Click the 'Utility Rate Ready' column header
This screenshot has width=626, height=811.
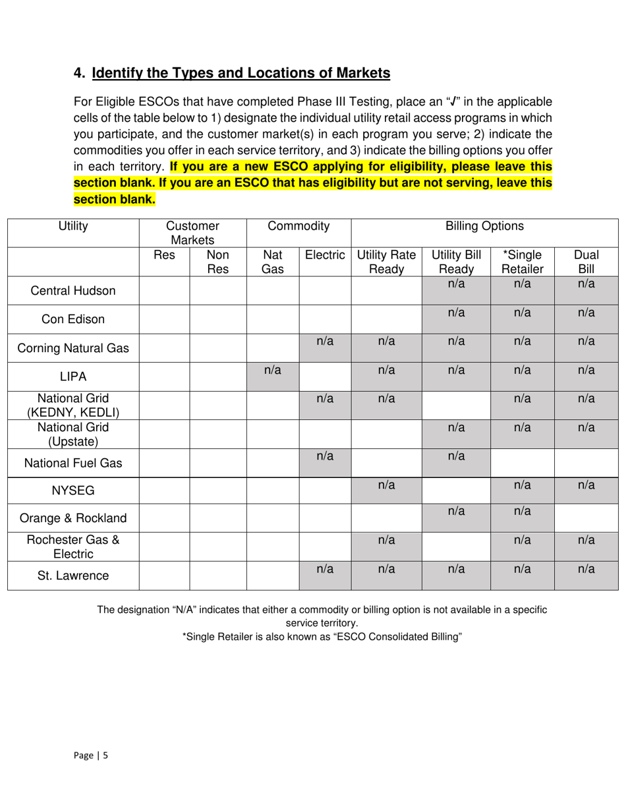[x=386, y=262]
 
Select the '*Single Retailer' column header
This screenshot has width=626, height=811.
[x=523, y=262]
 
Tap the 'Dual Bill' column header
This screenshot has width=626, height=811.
[x=586, y=262]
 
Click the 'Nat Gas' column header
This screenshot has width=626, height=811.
[x=273, y=262]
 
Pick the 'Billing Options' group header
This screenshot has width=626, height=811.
[x=484, y=227]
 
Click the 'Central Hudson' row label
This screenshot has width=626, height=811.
[x=73, y=291]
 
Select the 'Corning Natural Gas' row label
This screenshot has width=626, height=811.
[x=73, y=348]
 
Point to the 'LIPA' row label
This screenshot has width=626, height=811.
[x=73, y=376]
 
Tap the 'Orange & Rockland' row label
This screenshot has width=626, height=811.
[x=73, y=518]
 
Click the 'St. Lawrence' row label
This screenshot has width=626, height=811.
[x=73, y=576]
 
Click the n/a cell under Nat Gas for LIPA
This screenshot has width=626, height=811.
[x=273, y=376]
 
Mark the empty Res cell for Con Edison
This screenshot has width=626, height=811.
[x=164, y=319]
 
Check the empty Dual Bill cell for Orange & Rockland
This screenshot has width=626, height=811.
[x=586, y=518]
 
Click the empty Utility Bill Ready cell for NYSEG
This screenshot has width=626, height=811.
[x=456, y=491]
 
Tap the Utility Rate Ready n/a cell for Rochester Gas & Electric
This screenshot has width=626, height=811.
[x=386, y=547]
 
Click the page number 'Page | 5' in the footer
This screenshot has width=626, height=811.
[x=91, y=756]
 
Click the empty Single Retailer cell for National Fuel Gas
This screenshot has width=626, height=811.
[x=523, y=463]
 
